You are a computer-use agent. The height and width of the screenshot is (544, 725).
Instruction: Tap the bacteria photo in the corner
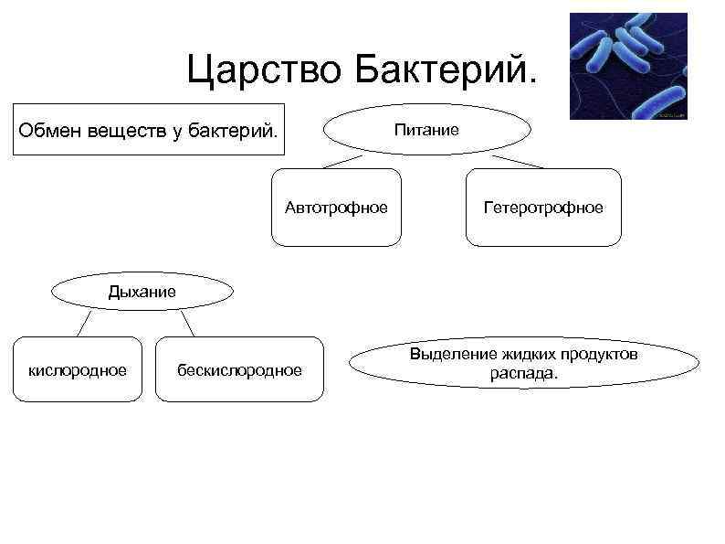pos(627,66)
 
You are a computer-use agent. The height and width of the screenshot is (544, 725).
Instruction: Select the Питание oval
pos(426,131)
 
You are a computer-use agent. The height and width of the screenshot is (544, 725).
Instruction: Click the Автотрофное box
pos(336,208)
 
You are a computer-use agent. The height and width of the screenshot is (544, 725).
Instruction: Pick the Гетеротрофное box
pos(543,208)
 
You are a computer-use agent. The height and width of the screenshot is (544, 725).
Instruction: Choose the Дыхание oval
pos(142,292)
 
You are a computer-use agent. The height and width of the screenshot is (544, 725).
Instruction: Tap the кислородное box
pos(78,369)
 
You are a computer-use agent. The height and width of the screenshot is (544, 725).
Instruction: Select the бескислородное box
pos(239,369)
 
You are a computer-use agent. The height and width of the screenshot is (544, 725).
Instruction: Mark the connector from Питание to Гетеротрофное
pos(517,162)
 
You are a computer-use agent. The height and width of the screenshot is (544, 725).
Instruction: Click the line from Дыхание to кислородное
pos(84,323)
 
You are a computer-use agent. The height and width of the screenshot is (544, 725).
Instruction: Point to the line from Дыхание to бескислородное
pos(188,323)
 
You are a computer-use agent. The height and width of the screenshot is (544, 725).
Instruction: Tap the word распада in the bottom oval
pos(523,373)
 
